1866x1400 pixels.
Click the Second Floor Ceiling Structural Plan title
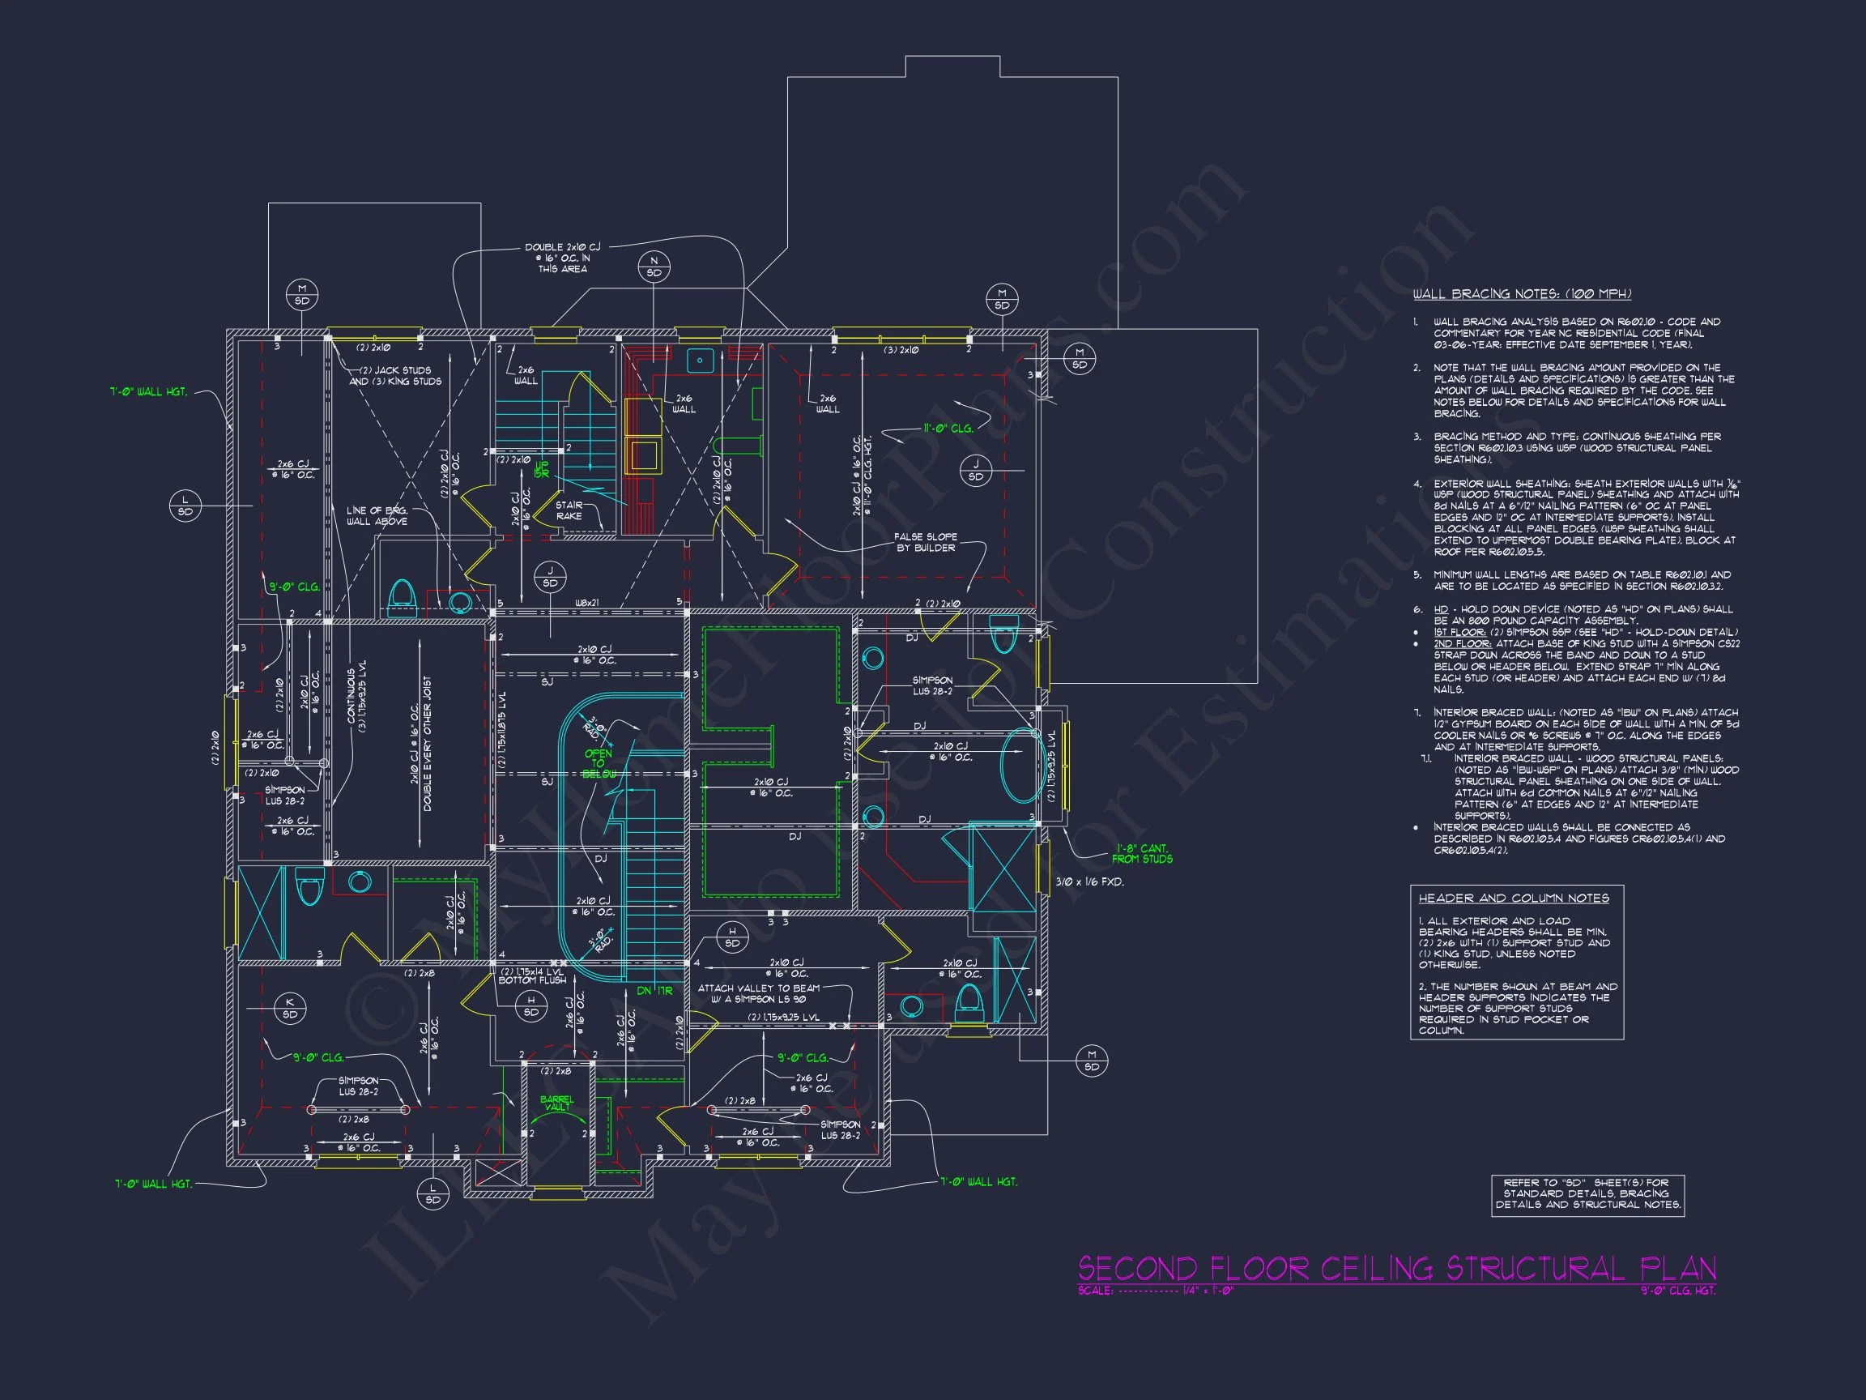(x=1396, y=1269)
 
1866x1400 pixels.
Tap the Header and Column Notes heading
(x=1514, y=898)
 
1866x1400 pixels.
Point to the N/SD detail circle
(x=654, y=267)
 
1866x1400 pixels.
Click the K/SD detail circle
(x=289, y=1009)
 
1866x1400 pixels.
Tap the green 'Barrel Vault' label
(x=556, y=1103)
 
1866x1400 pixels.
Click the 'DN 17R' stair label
(x=654, y=991)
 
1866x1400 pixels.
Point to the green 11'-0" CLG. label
(x=948, y=429)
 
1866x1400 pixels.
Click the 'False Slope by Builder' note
(x=926, y=542)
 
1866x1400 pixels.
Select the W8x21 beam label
(x=586, y=603)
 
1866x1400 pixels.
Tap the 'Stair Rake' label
(x=569, y=510)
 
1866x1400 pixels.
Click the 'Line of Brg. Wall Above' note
(x=377, y=515)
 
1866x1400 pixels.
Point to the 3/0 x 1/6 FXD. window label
(x=1090, y=881)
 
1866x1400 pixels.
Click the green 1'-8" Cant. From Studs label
(x=1142, y=854)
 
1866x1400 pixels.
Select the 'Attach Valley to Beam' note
(x=758, y=993)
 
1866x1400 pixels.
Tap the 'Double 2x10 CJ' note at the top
(x=563, y=258)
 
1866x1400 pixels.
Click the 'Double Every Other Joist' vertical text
(x=428, y=744)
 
